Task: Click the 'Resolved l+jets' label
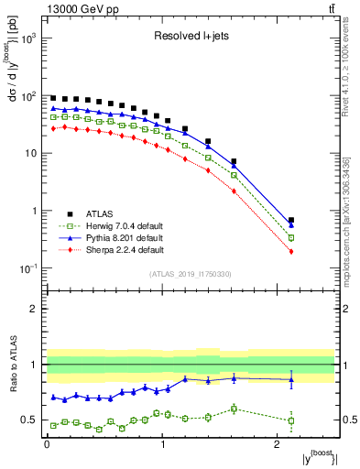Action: pyautogui.click(x=191, y=38)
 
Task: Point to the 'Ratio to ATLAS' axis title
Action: pyautogui.click(x=11, y=365)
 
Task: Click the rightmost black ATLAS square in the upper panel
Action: pyautogui.click(x=291, y=221)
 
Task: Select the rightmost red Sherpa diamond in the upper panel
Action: pyautogui.click(x=291, y=251)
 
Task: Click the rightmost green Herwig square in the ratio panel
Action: pyautogui.click(x=291, y=421)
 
